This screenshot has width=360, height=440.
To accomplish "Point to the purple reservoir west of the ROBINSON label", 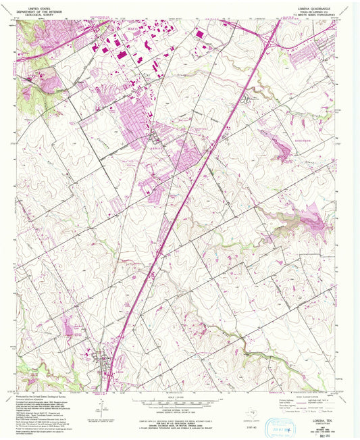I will pos(280,145).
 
